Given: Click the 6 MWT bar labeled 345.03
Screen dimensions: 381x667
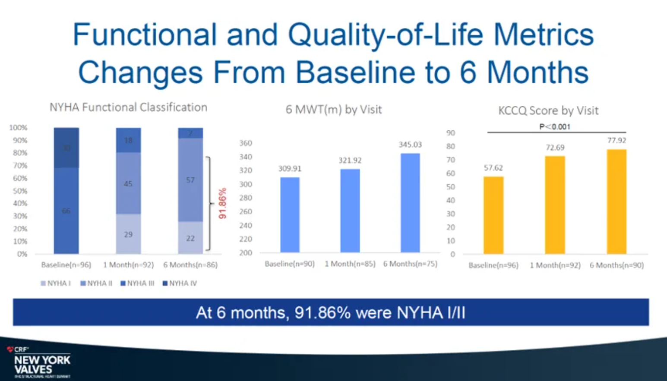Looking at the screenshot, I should point(410,203).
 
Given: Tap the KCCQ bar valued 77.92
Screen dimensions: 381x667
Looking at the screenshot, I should point(616,202).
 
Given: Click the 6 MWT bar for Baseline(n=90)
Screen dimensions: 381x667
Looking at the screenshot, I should point(290,214).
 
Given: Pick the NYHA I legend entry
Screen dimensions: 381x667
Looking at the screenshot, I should point(56,283).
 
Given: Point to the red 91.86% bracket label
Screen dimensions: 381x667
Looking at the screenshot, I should point(222,203).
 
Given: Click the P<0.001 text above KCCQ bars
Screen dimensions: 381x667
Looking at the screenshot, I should point(555,127).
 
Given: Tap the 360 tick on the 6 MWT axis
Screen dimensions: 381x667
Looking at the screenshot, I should point(246,143).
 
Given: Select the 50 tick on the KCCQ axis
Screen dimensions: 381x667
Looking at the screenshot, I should point(451,187).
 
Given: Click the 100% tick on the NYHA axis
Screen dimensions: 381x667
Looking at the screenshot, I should point(18,128).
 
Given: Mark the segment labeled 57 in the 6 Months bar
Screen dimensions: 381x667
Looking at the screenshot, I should point(190,180).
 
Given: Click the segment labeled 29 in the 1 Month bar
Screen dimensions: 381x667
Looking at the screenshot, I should point(128,234).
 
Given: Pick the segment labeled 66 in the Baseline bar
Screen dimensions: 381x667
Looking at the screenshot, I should point(66,211).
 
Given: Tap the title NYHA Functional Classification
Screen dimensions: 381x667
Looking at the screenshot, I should point(128,107).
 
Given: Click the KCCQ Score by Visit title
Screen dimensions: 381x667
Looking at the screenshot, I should point(548,111).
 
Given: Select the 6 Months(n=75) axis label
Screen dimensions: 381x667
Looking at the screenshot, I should point(410,264).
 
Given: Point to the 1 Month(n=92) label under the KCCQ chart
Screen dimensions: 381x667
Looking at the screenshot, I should point(555,265).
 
